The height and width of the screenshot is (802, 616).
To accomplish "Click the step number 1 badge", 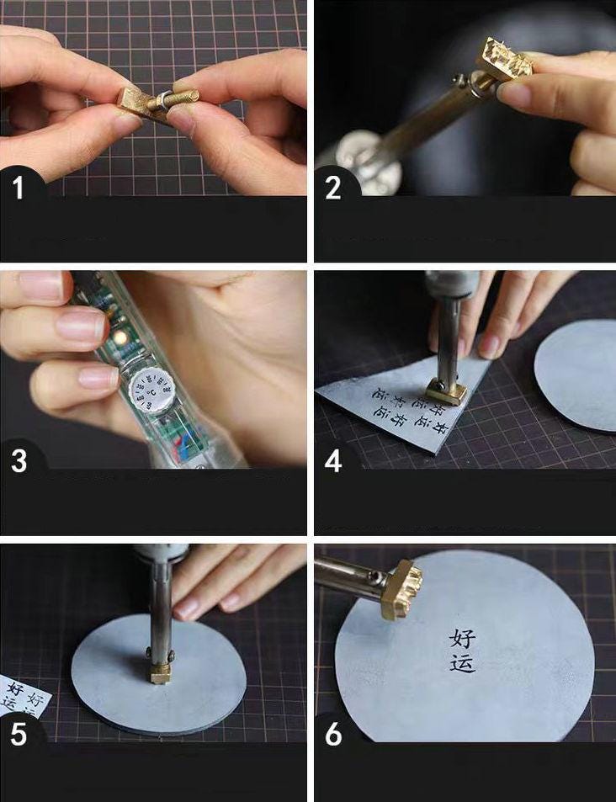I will tap(19, 187).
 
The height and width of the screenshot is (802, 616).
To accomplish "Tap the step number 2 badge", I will tap(333, 187).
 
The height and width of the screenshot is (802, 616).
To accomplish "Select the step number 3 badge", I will tap(19, 461).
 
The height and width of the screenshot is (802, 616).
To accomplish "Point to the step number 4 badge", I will tap(333, 461).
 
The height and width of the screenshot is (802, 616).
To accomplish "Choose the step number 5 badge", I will tap(19, 734).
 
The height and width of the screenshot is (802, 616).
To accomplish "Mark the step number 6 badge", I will tap(333, 734).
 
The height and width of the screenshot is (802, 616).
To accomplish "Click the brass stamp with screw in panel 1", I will tap(157, 104).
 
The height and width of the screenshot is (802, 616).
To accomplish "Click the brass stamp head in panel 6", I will tap(401, 588).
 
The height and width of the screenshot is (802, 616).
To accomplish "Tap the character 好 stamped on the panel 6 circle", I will tap(463, 638).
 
